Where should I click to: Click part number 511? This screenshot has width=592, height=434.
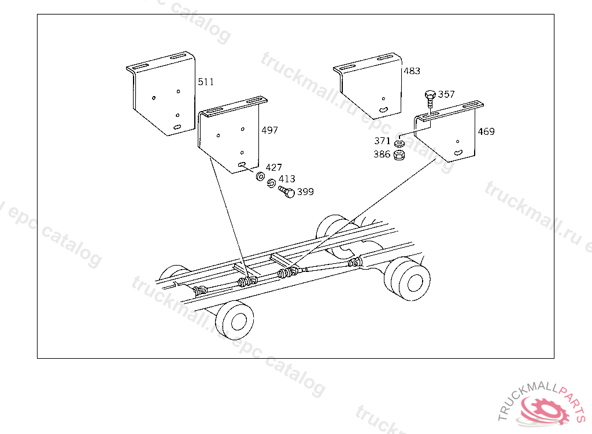[x=206, y=82]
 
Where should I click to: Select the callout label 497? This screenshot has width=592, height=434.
[x=269, y=130]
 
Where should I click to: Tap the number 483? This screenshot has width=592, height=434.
[x=412, y=71]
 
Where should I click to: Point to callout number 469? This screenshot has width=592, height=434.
[x=486, y=131]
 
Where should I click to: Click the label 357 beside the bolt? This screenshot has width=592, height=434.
[x=446, y=94]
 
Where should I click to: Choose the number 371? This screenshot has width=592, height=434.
[x=382, y=141]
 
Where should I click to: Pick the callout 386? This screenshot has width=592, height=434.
[x=382, y=154]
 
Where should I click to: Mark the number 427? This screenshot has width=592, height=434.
[x=273, y=167]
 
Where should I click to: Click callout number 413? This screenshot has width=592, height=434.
[x=287, y=179]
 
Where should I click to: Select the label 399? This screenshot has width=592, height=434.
[x=305, y=192]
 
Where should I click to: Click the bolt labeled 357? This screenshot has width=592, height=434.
[x=430, y=100]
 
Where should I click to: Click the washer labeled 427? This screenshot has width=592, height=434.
[x=260, y=176]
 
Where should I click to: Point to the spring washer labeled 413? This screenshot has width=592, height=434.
[x=271, y=183]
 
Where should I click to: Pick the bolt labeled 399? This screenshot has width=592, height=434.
[x=287, y=192]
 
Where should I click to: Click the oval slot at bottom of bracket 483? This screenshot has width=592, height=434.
[x=384, y=109]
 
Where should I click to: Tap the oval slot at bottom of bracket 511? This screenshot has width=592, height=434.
[x=177, y=127]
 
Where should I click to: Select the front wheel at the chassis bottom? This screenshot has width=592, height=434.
[x=235, y=321]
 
